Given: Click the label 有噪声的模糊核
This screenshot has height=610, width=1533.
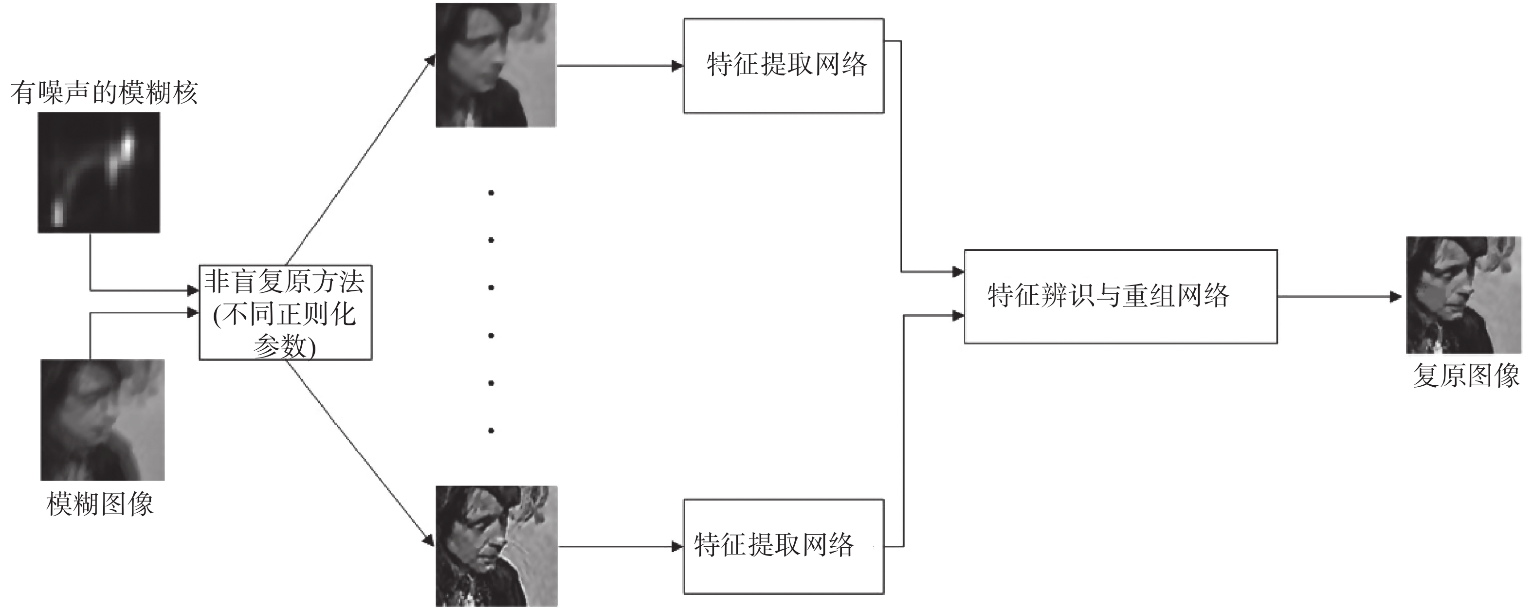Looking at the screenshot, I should click(x=104, y=93).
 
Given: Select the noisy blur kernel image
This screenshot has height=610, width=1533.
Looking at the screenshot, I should click(x=99, y=172).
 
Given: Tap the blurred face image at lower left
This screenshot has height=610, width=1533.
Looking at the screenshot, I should click(x=102, y=420).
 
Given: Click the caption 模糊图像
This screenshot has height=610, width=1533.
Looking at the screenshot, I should click(x=100, y=504).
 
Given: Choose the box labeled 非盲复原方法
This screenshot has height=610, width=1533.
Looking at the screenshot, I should click(x=285, y=312).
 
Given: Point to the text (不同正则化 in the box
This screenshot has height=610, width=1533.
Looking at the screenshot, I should click(x=285, y=314).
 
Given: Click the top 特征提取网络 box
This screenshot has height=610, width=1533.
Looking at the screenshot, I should click(x=783, y=66).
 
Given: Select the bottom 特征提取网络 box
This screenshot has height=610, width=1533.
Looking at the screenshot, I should click(x=783, y=546).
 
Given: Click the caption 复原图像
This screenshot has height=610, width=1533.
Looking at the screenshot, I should click(x=1466, y=376).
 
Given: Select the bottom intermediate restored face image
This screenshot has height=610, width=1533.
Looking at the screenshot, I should click(x=496, y=546).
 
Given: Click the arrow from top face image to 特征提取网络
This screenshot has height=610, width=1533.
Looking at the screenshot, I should click(x=619, y=66).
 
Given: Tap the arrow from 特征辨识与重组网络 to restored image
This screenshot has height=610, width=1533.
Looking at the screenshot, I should click(x=1339, y=296).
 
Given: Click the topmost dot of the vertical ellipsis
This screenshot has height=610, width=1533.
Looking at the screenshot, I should click(x=491, y=193).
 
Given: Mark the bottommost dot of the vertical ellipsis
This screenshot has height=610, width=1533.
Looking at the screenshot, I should click(x=491, y=431).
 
